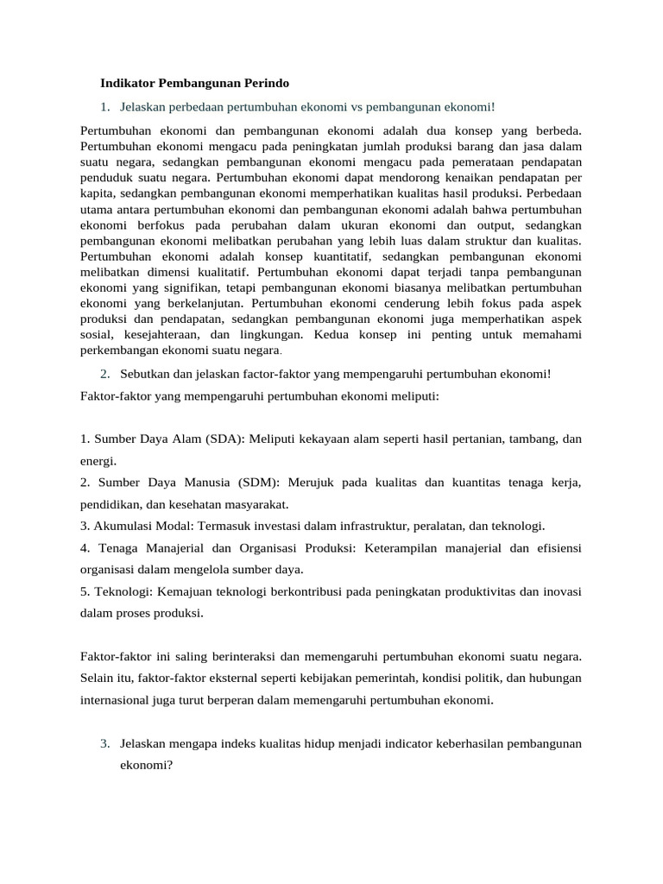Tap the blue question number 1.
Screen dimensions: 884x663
104,107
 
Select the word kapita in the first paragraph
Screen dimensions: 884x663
97,193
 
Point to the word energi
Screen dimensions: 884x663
98,461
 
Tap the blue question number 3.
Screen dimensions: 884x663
104,743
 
